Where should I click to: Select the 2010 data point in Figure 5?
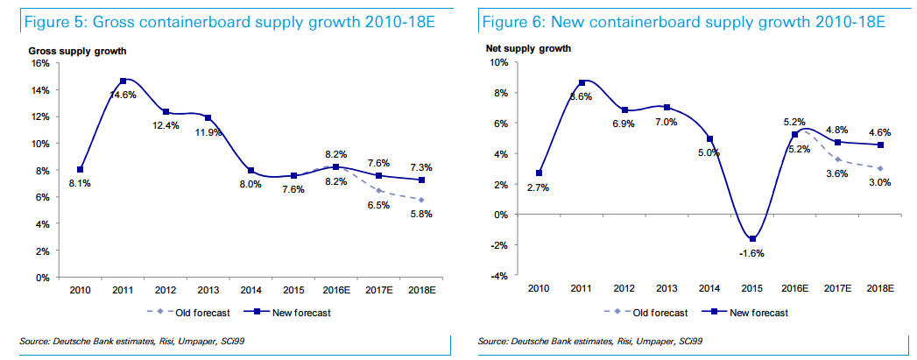point(80,169)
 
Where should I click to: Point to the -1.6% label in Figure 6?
point(751,254)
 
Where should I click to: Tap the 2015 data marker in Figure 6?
point(751,239)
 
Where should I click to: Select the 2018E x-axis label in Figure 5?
point(424,290)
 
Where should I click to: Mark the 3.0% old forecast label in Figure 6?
point(878,182)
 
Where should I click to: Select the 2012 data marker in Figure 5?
point(165,111)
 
